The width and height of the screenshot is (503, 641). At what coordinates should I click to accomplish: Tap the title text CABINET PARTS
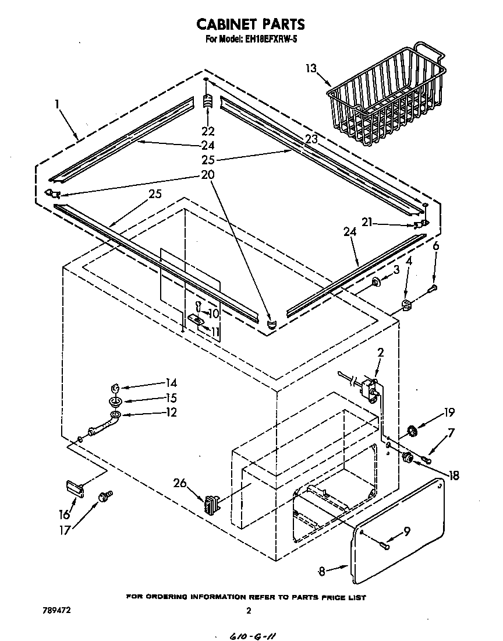tap(250, 24)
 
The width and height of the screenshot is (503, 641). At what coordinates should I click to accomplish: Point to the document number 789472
tap(57, 611)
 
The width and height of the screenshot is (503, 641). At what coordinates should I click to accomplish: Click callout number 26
tap(181, 482)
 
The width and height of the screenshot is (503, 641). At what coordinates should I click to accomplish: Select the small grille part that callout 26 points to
tap(211, 503)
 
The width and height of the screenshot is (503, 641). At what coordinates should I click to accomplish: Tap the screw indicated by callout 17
tap(106, 496)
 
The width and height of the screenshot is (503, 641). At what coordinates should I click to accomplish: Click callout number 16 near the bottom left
tap(63, 514)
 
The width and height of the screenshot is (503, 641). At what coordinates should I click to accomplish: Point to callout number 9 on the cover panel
tap(406, 531)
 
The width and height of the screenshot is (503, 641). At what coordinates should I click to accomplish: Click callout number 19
tap(448, 413)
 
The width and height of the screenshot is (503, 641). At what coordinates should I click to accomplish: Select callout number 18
tap(453, 476)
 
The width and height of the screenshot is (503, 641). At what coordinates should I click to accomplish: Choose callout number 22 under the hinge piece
tap(207, 131)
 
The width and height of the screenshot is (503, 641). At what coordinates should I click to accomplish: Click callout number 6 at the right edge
tap(435, 246)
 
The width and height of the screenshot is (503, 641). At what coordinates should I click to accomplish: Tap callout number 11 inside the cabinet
tap(215, 332)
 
